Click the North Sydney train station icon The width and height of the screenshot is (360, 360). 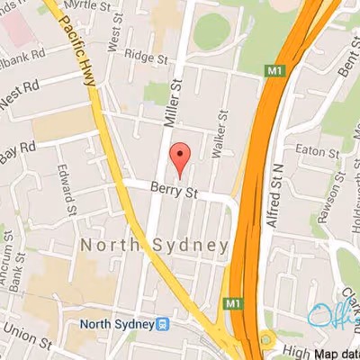click(x=164, y=325)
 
